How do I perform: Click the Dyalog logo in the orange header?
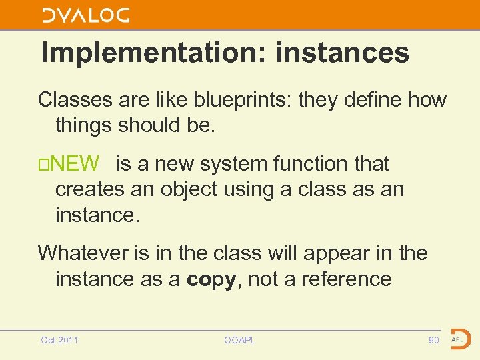(x=86, y=15)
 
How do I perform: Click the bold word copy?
(x=211, y=279)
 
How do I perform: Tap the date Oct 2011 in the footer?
(x=59, y=341)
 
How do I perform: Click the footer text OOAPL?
(x=240, y=341)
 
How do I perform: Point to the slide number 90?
(x=433, y=341)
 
